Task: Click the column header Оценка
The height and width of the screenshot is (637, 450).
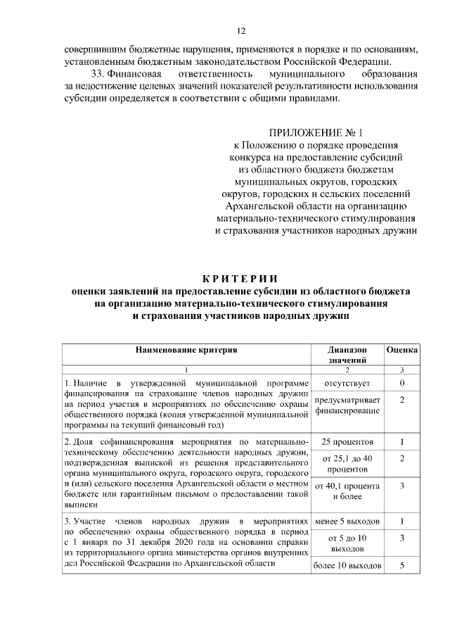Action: coord(402,349)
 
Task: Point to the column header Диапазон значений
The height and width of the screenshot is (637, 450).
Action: coord(347,355)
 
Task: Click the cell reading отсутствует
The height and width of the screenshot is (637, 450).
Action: coord(347,383)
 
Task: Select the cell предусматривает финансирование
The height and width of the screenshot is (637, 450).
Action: coord(347,405)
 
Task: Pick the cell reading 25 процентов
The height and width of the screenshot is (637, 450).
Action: coord(347,442)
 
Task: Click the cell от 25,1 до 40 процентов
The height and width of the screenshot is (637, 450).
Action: coord(347,463)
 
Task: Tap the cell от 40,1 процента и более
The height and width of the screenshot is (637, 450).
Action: coord(347,491)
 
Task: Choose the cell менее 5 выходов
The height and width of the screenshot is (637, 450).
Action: coord(347,522)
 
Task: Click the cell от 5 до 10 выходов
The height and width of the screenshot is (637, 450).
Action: coord(347,543)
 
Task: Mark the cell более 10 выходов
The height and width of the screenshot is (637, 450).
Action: coord(347,566)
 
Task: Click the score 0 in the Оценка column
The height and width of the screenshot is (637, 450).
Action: coord(402,383)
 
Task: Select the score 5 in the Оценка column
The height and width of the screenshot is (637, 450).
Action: coord(402,566)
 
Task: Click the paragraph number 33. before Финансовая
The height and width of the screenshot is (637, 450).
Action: coord(101,73)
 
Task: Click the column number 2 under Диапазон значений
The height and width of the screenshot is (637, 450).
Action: coord(347,370)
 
